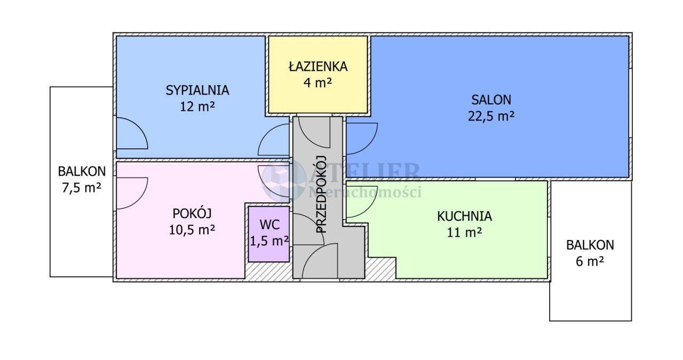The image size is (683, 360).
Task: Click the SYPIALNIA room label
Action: pos(197,90)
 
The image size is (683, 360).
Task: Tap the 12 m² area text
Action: pos(197,106)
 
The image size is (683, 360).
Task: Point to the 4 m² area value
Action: pos(317,82)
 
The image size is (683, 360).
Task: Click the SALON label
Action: pos(491,100)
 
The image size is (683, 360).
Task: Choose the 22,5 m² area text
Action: pos(491,116)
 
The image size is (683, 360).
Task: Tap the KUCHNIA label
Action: pos(464,217)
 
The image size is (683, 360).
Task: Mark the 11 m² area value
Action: pos(464,233)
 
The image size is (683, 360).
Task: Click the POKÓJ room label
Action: pos(192,213)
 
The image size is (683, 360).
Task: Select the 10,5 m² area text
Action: pos(192,230)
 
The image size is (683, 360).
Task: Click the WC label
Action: pos(269,225)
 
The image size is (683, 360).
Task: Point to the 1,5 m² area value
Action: pos(269,241)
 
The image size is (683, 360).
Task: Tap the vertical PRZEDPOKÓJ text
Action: pos(321,194)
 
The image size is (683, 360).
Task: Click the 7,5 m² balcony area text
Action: pos(82,188)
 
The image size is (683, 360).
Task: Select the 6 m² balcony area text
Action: pos(590,261)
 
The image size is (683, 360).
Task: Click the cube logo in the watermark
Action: pos(284,180)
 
